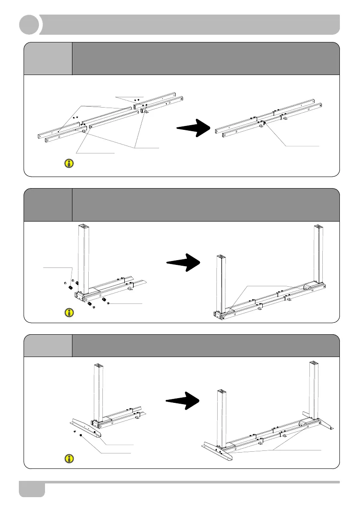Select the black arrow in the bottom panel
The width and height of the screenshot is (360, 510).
tap(183, 400)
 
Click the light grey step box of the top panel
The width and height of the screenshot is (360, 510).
tap(48, 58)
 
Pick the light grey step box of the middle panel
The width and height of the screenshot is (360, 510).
tap(48, 204)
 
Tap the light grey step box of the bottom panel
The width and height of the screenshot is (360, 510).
tap(48, 345)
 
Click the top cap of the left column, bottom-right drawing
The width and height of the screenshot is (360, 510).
tap(222, 392)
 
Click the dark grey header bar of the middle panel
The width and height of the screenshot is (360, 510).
tap(206, 204)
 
